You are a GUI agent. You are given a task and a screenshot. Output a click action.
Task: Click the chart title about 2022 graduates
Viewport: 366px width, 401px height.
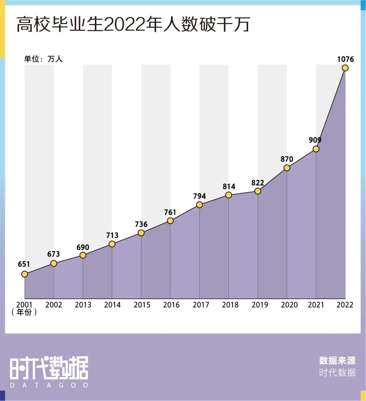133,24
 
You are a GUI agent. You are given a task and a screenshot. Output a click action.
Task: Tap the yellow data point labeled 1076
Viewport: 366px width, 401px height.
345,68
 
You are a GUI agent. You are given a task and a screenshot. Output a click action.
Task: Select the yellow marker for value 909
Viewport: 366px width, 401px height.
316,149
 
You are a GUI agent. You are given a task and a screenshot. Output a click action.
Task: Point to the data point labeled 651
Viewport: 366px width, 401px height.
24,274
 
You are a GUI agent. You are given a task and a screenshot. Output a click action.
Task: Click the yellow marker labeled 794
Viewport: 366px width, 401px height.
199,205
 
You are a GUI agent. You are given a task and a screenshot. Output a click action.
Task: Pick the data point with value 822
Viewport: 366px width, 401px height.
258,191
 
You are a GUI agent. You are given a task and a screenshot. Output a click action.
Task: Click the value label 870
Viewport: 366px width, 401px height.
287,159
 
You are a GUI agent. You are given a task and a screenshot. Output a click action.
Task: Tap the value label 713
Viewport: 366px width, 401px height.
112,235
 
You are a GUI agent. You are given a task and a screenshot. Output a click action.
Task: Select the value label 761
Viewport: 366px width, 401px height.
170,212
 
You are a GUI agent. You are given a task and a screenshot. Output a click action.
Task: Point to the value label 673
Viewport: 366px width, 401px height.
54,254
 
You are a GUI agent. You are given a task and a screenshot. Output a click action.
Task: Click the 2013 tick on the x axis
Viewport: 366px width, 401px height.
83,305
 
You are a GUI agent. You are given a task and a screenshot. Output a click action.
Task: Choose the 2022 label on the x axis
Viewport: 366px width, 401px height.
345,305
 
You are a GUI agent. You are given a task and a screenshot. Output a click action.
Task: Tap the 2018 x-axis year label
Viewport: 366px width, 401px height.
230,305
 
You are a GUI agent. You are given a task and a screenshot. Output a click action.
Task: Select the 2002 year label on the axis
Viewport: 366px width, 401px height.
54,305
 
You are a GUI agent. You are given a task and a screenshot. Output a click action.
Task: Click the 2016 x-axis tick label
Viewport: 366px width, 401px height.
171,305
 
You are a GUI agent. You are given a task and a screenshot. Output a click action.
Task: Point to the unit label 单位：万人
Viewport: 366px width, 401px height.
43,59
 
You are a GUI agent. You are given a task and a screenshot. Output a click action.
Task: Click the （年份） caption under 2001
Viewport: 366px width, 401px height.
24,312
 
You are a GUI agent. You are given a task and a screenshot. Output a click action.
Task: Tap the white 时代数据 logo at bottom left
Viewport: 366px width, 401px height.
49,368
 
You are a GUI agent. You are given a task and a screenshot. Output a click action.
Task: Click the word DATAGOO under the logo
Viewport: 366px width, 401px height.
49,385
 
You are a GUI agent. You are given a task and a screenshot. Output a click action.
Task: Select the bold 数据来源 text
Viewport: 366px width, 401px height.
337,360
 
